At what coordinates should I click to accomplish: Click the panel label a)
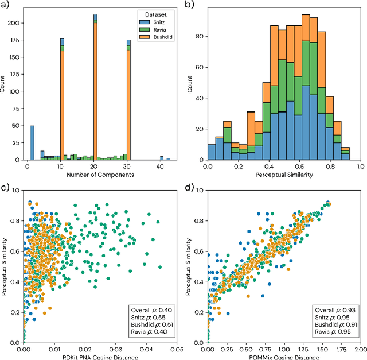[5, 5]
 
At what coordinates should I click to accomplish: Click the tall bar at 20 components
[95, 86]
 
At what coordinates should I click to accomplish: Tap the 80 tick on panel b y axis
[201, 37]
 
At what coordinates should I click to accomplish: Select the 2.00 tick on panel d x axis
[360, 349]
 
